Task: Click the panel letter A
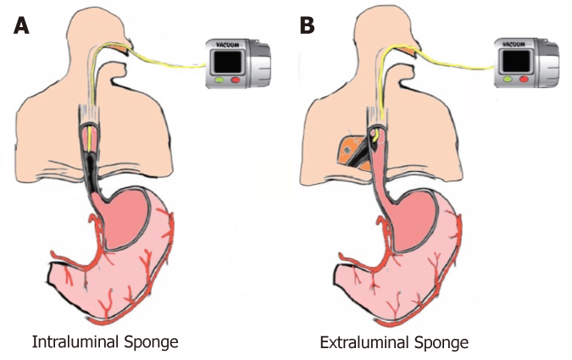21,25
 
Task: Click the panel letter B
307,25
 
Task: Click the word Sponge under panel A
152,343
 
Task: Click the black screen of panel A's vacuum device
228,62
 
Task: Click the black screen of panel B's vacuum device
516,61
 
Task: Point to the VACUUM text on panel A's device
227,45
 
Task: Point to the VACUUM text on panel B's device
514,45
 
